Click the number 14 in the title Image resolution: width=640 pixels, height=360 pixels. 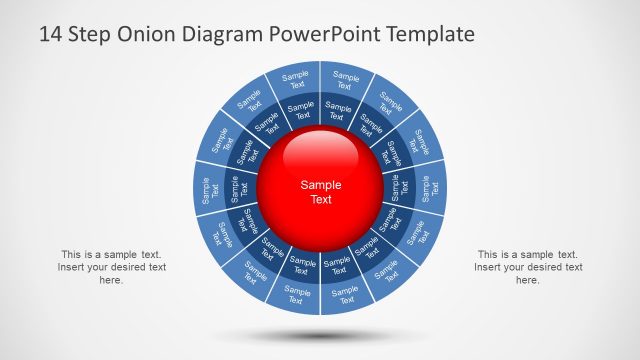coord(51,35)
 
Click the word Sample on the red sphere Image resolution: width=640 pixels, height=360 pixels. coord(321,185)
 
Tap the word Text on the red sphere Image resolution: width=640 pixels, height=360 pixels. coord(321,200)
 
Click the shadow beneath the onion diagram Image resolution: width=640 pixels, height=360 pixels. coord(320,334)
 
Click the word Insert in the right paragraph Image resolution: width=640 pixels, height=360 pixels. coord(489,267)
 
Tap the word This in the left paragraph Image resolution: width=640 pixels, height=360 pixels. coord(72,254)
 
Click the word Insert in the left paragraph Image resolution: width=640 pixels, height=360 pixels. coord(72,267)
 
